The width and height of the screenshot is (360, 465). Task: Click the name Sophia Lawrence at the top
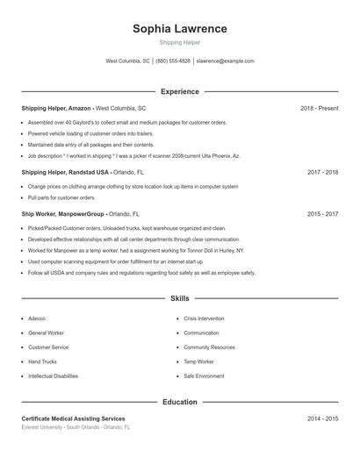pyautogui.click(x=179, y=28)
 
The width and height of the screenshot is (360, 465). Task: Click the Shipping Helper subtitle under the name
pyautogui.click(x=179, y=42)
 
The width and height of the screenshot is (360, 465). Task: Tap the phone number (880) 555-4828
pyautogui.click(x=173, y=61)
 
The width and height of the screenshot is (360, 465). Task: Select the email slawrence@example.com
pyautogui.click(x=225, y=61)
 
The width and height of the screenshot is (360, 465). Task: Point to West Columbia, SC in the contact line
pyautogui.click(x=127, y=61)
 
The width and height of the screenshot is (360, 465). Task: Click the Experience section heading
pyautogui.click(x=179, y=91)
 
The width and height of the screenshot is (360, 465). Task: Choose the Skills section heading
pyautogui.click(x=179, y=299)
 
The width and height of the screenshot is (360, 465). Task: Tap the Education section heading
pyautogui.click(x=179, y=402)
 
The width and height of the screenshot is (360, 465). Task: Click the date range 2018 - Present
pyautogui.click(x=319, y=108)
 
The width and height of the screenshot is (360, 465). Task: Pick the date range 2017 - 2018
pyautogui.click(x=322, y=173)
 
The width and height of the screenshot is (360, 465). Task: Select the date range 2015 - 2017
pyautogui.click(x=322, y=213)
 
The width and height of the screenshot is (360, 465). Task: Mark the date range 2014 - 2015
pyautogui.click(x=322, y=418)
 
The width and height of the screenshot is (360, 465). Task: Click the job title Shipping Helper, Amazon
pyautogui.click(x=56, y=108)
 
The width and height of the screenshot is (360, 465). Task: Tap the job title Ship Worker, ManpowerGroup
pyautogui.click(x=63, y=213)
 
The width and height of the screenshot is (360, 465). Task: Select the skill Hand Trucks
pyautogui.click(x=42, y=361)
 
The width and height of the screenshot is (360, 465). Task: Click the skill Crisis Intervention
pyautogui.click(x=204, y=319)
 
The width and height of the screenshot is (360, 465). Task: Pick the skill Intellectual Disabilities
pyautogui.click(x=53, y=376)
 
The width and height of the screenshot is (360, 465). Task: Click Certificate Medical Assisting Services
pyautogui.click(x=73, y=418)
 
